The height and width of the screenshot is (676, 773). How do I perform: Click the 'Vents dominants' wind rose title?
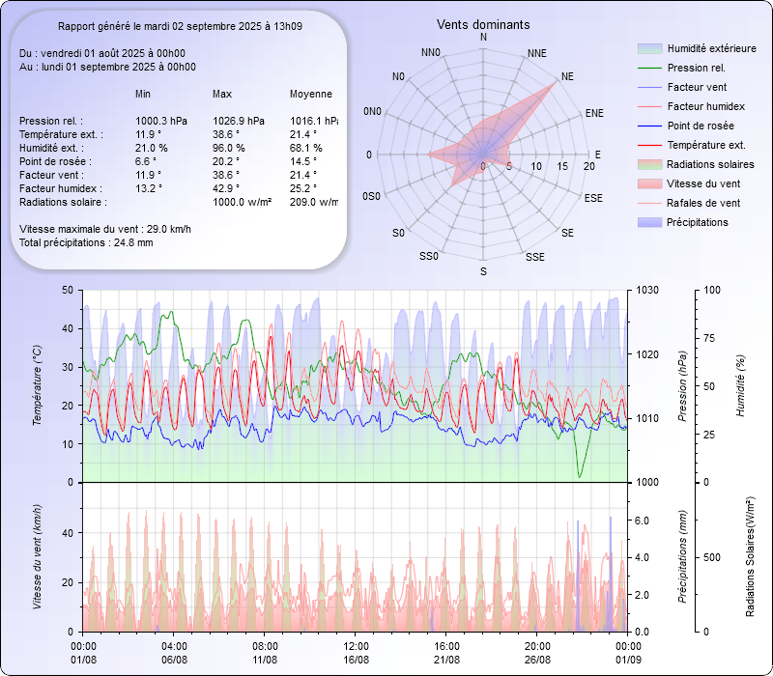click(x=482, y=24)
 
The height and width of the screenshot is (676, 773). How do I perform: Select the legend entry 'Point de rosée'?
click(x=700, y=126)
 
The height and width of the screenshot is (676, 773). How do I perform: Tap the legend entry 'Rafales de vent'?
click(x=703, y=203)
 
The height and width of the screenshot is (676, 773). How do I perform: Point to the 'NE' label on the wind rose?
click(x=567, y=75)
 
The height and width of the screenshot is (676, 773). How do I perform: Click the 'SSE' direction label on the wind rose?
click(x=534, y=257)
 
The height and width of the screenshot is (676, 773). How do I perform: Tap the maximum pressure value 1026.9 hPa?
click(x=238, y=121)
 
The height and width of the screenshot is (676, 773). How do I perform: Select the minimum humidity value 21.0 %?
click(x=151, y=148)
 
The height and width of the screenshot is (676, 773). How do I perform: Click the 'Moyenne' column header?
click(x=311, y=94)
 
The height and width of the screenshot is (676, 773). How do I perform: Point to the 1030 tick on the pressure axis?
click(x=647, y=290)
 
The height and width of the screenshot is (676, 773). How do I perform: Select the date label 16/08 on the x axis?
click(x=356, y=659)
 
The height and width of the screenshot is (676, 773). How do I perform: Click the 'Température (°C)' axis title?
click(x=38, y=386)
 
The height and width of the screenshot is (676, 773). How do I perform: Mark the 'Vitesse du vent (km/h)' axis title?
click(x=38, y=556)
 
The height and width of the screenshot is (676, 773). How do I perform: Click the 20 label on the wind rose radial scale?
click(x=588, y=166)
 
